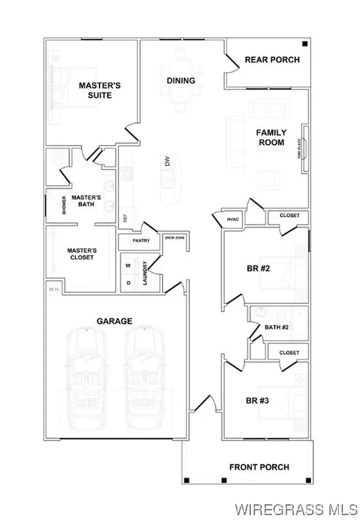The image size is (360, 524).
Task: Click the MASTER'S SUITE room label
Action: coord(99,90)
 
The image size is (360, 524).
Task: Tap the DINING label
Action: coord(181,80)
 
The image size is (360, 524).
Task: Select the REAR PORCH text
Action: coord(272,59)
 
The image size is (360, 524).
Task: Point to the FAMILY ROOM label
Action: coord(271,137)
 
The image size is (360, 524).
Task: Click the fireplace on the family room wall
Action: coord(305,149)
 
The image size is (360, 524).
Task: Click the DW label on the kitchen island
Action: coord(167,162)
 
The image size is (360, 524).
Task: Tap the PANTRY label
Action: coord(141,240)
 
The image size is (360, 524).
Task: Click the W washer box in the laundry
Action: coord(128,265)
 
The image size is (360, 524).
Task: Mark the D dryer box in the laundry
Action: coord(128,282)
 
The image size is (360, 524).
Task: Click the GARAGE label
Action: coord(115,321)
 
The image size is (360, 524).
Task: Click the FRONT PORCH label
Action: coord(259,467)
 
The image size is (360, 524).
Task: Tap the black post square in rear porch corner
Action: coord(305,44)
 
